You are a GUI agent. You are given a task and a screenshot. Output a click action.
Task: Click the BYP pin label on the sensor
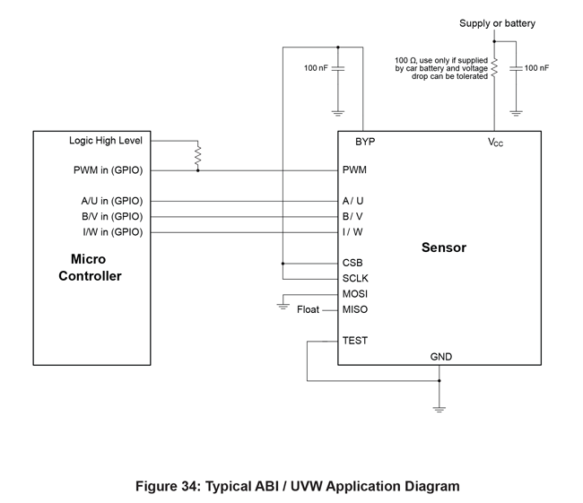pyautogui.click(x=364, y=142)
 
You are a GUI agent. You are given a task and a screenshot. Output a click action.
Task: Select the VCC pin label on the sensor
pyautogui.click(x=495, y=143)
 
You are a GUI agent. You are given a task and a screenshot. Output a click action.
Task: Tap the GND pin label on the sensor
pyautogui.click(x=441, y=357)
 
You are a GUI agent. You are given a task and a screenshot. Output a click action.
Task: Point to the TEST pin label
pyautogui.click(x=355, y=341)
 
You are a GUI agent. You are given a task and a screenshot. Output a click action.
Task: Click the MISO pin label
pyautogui.click(x=355, y=310)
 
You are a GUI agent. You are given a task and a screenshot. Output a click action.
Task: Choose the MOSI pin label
pyautogui.click(x=355, y=294)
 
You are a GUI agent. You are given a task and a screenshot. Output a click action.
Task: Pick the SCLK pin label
pyautogui.click(x=355, y=279)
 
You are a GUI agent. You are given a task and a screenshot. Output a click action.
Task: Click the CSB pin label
pyautogui.click(x=352, y=264)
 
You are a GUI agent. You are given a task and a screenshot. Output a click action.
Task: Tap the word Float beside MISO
pyautogui.click(x=308, y=310)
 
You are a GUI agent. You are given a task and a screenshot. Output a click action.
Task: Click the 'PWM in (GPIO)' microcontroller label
pyautogui.click(x=108, y=169)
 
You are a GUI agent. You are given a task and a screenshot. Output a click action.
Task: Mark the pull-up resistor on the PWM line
pyautogui.click(x=197, y=156)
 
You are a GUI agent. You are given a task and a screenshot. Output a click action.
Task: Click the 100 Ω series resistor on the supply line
pyautogui.click(x=494, y=68)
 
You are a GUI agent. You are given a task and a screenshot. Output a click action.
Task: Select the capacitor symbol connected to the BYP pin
pyautogui.click(x=338, y=68)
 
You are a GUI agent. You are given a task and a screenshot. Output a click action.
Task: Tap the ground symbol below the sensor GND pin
pyautogui.click(x=439, y=409)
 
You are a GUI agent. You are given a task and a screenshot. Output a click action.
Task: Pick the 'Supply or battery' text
pyautogui.click(x=497, y=23)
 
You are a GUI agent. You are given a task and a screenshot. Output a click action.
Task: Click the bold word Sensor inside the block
pyautogui.click(x=444, y=247)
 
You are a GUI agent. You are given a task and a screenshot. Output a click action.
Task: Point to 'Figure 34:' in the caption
pyautogui.click(x=168, y=487)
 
